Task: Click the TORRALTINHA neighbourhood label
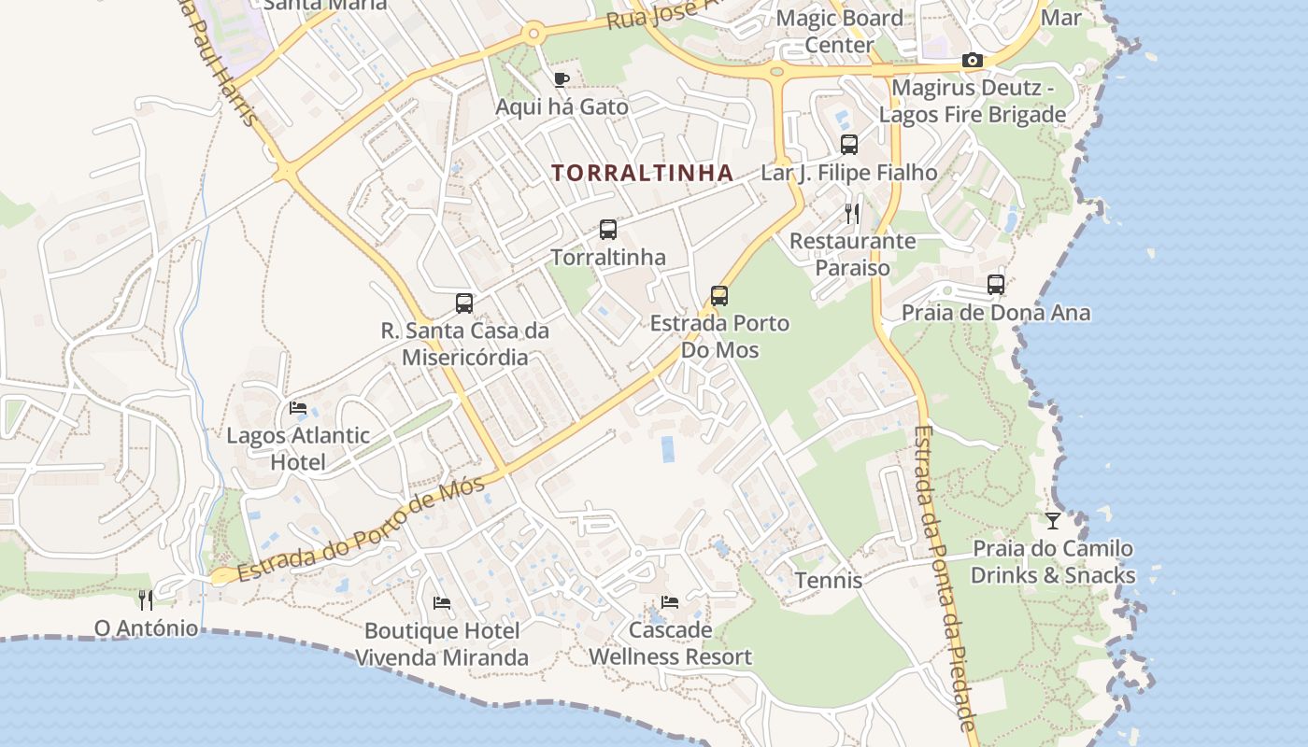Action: (x=642, y=173)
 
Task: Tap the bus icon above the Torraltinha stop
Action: (x=607, y=229)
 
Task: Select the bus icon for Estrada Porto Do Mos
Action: (x=718, y=296)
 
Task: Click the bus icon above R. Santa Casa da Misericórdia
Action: (x=463, y=303)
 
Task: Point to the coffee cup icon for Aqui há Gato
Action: (x=561, y=79)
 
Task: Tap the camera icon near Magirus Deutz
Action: (x=972, y=61)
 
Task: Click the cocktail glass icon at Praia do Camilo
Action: (x=1053, y=520)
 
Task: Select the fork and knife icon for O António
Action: (x=146, y=599)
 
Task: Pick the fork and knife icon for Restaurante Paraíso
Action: (x=851, y=213)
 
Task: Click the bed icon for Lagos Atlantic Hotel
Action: (x=298, y=407)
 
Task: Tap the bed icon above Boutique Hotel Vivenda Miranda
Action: (x=442, y=603)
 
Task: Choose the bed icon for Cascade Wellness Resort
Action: (x=669, y=602)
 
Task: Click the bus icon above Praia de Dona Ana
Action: (x=996, y=285)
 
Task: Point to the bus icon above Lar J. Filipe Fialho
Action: (x=848, y=145)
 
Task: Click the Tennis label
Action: (x=829, y=580)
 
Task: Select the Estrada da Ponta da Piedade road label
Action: (x=945, y=579)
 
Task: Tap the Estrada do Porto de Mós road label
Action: (x=361, y=529)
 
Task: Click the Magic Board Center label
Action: (x=839, y=31)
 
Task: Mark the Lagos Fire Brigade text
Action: (x=973, y=115)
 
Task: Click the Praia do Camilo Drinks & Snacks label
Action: (x=1053, y=561)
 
